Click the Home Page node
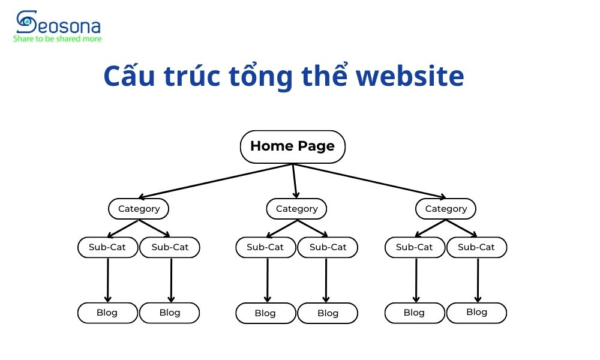293,146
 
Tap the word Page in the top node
316,146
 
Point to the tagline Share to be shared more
58,38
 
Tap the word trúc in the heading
192,76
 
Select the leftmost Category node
139,209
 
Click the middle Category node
296,209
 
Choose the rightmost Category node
446,209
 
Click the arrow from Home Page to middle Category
295,181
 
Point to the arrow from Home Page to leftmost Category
215,181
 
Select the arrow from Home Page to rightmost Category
370,181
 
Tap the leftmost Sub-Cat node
107,247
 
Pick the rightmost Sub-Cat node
477,247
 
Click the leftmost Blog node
107,313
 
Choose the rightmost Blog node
477,313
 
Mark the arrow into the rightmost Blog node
478,280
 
